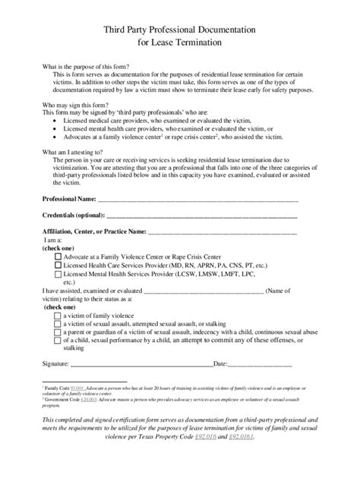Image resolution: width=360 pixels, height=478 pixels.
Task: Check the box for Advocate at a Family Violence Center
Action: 58,256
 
